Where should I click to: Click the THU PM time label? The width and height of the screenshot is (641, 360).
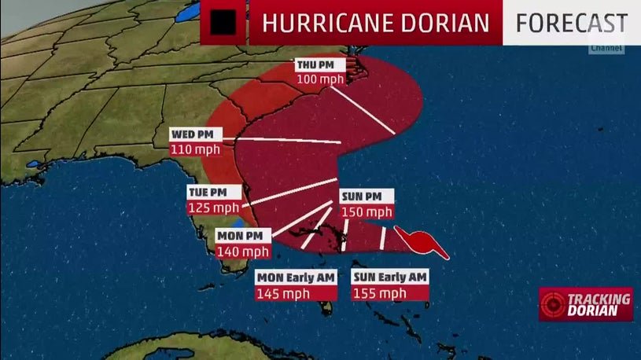[x=315, y=64]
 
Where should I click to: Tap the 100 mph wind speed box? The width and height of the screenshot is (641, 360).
[x=315, y=79]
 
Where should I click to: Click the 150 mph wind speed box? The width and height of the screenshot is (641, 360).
[x=366, y=211]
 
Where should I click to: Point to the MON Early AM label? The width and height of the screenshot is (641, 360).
[x=296, y=277]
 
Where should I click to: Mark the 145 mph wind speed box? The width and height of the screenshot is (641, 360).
[x=283, y=292]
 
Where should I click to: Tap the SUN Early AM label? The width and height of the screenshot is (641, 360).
[x=390, y=277]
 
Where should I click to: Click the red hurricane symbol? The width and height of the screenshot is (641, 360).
[x=421, y=242]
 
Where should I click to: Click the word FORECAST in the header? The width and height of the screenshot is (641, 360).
[x=572, y=23]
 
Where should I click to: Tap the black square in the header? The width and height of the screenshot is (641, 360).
[x=223, y=23]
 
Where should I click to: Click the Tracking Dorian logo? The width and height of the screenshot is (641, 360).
[x=586, y=303]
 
